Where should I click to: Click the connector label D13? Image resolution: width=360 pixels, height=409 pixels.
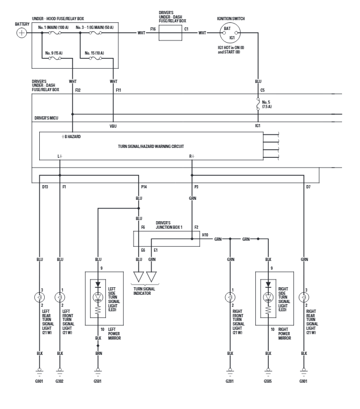(x=45, y=186)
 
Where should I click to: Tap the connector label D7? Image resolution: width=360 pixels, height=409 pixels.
(x=309, y=186)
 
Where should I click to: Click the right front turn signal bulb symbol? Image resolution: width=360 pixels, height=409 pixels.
(x=230, y=298)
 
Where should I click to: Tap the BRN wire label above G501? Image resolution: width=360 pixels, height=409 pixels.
(x=99, y=354)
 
